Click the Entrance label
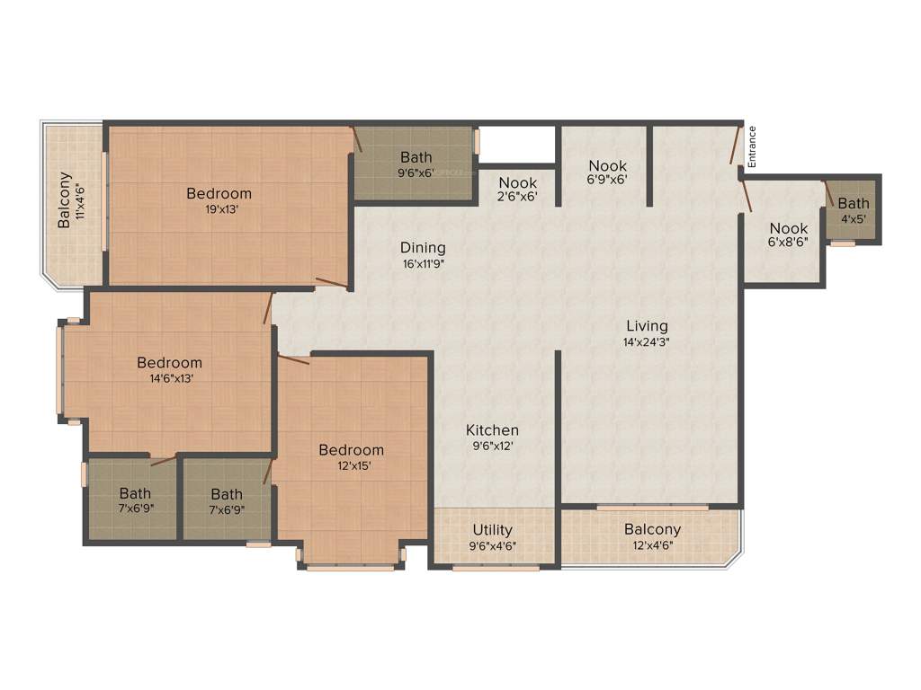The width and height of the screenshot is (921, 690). pos(752,146)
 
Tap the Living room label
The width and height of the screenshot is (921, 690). pos(647,326)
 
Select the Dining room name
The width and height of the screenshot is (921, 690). pos(423,248)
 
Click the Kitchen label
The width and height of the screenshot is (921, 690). pos(492,430)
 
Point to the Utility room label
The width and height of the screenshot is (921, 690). pos(492,530)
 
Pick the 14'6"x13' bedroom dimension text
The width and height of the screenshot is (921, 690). pos(169,378)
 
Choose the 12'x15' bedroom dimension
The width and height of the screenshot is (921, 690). pos(351,465)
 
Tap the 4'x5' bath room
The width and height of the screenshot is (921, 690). pos(854,211)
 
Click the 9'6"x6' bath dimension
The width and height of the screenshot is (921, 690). pos(416,173)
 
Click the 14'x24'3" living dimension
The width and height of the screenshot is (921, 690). pos(647,341)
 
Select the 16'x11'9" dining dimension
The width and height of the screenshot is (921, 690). pos(423,264)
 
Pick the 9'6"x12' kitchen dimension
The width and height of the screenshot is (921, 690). pos(492,446)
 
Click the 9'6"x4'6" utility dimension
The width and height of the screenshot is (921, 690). pos(492,545)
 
